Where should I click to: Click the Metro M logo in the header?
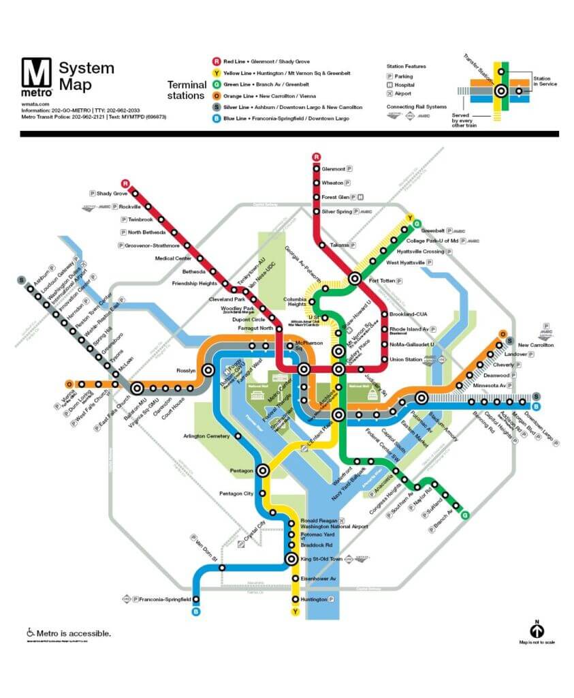36,76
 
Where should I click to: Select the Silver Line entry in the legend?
286,107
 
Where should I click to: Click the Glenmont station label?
333,168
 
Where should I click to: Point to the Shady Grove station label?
112,194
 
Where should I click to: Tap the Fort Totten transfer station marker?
355,278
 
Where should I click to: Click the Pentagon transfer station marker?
264,470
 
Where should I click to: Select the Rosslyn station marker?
208,369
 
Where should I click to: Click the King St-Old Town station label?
321,559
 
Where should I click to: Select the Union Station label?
405,359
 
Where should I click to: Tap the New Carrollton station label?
536,345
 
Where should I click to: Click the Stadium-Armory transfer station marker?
421,398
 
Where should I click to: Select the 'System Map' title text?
86,76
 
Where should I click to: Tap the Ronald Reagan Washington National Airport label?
334,523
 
